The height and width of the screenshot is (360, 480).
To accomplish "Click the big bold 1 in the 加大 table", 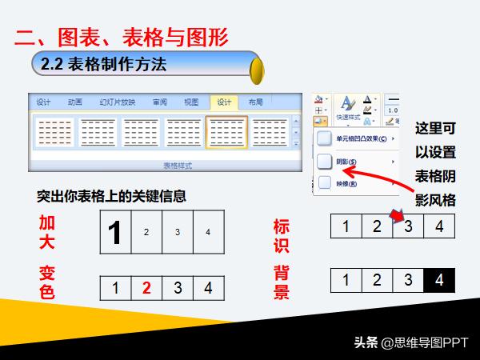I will click(115, 232).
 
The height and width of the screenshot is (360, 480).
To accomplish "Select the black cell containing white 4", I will click(438, 280).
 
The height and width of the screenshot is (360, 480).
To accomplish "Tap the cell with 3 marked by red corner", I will click(408, 226).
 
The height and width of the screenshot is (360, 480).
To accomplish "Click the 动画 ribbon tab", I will click(75, 102).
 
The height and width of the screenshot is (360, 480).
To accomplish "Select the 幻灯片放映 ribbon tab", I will click(117, 102).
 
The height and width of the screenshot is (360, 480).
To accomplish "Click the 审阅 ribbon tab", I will click(159, 102).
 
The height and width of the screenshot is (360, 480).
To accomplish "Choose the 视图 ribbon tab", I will click(191, 102).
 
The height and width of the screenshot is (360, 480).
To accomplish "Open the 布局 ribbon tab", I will click(255, 102).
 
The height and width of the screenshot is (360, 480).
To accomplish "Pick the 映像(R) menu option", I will click(346, 183).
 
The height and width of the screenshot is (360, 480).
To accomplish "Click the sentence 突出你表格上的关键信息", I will click(112, 197).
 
